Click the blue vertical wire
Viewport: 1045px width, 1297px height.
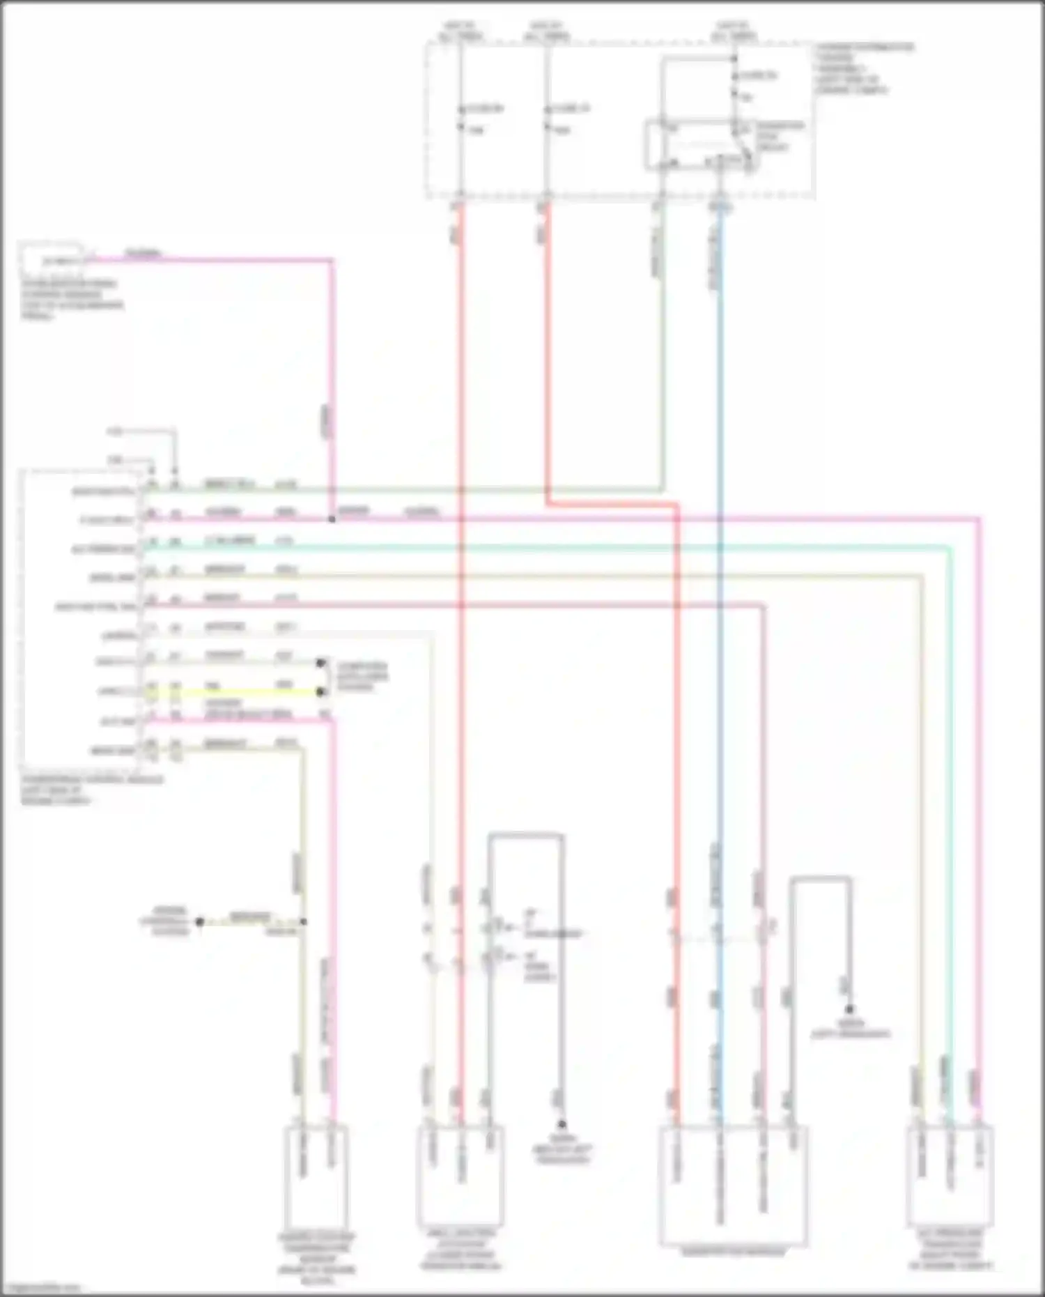(x=720, y=627)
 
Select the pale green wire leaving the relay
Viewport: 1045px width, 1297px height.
(x=661, y=348)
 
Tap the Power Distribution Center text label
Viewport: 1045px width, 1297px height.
(x=864, y=68)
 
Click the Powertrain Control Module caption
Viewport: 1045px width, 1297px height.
(x=91, y=790)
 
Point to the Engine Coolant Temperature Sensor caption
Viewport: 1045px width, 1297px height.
(x=317, y=1258)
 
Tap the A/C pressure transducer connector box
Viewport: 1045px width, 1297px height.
(x=950, y=1174)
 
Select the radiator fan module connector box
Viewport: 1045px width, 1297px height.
(x=733, y=1185)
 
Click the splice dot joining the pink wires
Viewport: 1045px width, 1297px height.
(x=332, y=519)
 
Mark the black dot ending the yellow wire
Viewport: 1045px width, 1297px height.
(x=320, y=692)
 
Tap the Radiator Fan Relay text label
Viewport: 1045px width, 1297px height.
(x=780, y=136)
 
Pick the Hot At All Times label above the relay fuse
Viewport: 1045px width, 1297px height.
(x=734, y=31)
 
